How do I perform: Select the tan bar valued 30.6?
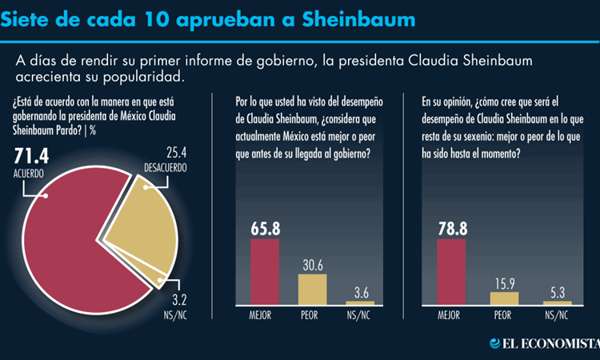312,289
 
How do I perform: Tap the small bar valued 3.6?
359,302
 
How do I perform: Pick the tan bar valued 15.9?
504,297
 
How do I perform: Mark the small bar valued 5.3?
558,302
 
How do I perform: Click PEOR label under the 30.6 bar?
312,315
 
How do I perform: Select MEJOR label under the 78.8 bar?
451,315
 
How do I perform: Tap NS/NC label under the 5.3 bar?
558,315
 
